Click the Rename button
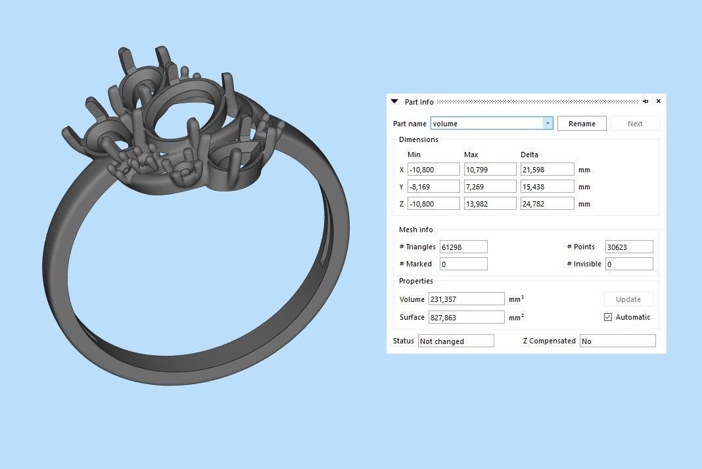pyautogui.click(x=582, y=124)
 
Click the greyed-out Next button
pyautogui.click(x=634, y=124)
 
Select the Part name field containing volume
pyautogui.click(x=487, y=124)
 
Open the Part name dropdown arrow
pyautogui.click(x=548, y=124)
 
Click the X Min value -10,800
pyautogui.click(x=433, y=170)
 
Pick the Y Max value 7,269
pyautogui.click(x=490, y=187)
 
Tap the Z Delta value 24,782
pyautogui.click(x=547, y=204)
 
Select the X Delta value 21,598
pyautogui.click(x=547, y=170)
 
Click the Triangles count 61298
pyautogui.click(x=463, y=247)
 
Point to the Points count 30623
pyautogui.click(x=629, y=247)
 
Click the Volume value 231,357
pyautogui.click(x=466, y=299)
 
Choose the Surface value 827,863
pyautogui.click(x=466, y=317)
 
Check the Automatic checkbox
pyautogui.click(x=608, y=317)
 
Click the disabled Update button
pyautogui.click(x=628, y=299)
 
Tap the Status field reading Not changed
pyautogui.click(x=456, y=341)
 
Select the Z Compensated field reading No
pyautogui.click(x=617, y=341)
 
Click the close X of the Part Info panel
pyautogui.click(x=659, y=101)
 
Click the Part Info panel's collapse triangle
pyautogui.click(x=394, y=101)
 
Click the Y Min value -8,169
pyautogui.click(x=433, y=187)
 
